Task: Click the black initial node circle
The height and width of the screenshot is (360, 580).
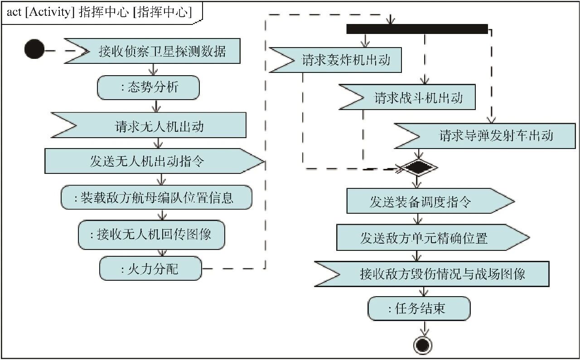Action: coord(34,49)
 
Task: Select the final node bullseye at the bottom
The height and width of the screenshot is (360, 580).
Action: coord(422,345)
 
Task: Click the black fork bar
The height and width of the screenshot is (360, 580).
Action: coord(417,29)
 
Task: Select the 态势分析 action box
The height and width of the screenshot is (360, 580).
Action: coord(148,87)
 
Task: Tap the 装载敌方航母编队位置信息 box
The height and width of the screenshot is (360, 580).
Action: coord(156,197)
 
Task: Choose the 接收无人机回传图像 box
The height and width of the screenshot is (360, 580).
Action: coord(151,235)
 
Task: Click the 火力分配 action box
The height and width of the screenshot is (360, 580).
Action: coord(150,269)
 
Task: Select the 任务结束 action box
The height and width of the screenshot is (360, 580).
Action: coord(419,309)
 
